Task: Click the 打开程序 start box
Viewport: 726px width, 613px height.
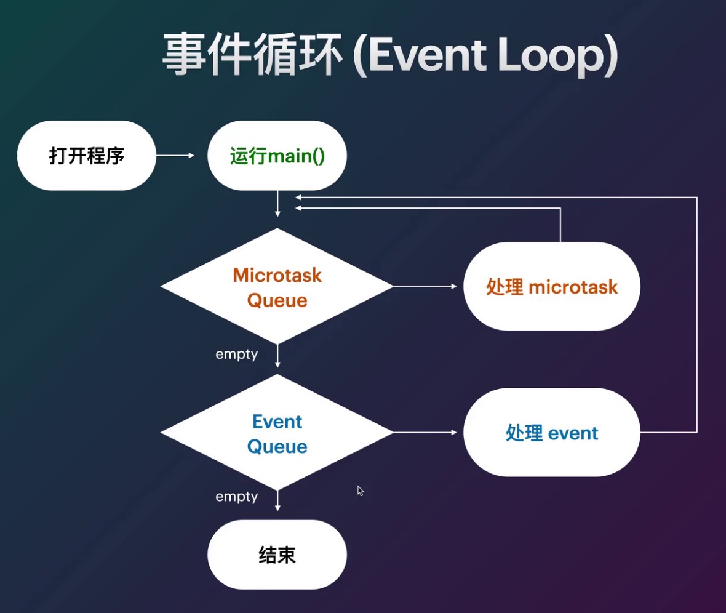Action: pyautogui.click(x=87, y=156)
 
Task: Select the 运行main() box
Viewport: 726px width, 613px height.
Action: pyautogui.click(x=277, y=156)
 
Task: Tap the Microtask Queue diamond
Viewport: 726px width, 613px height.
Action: pyautogui.click(x=277, y=287)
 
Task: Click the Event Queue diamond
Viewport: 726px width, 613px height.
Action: pyautogui.click(x=277, y=433)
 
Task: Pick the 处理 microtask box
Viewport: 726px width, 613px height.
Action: pyautogui.click(x=552, y=287)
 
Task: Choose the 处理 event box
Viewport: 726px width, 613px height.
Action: pyautogui.click(x=552, y=433)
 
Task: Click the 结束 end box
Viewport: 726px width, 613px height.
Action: pyautogui.click(x=277, y=555)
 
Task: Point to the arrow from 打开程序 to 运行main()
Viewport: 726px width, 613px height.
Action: pyautogui.click(x=175, y=156)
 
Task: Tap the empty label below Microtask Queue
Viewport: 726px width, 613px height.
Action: pyautogui.click(x=236, y=355)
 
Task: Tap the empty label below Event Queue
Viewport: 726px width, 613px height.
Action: pyautogui.click(x=236, y=497)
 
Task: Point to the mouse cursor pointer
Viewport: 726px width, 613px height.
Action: pyautogui.click(x=360, y=491)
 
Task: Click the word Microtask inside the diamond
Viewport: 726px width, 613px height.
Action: pyautogui.click(x=277, y=275)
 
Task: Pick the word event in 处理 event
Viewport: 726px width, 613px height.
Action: pyautogui.click(x=573, y=433)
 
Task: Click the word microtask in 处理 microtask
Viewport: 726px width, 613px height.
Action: pyautogui.click(x=573, y=287)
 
